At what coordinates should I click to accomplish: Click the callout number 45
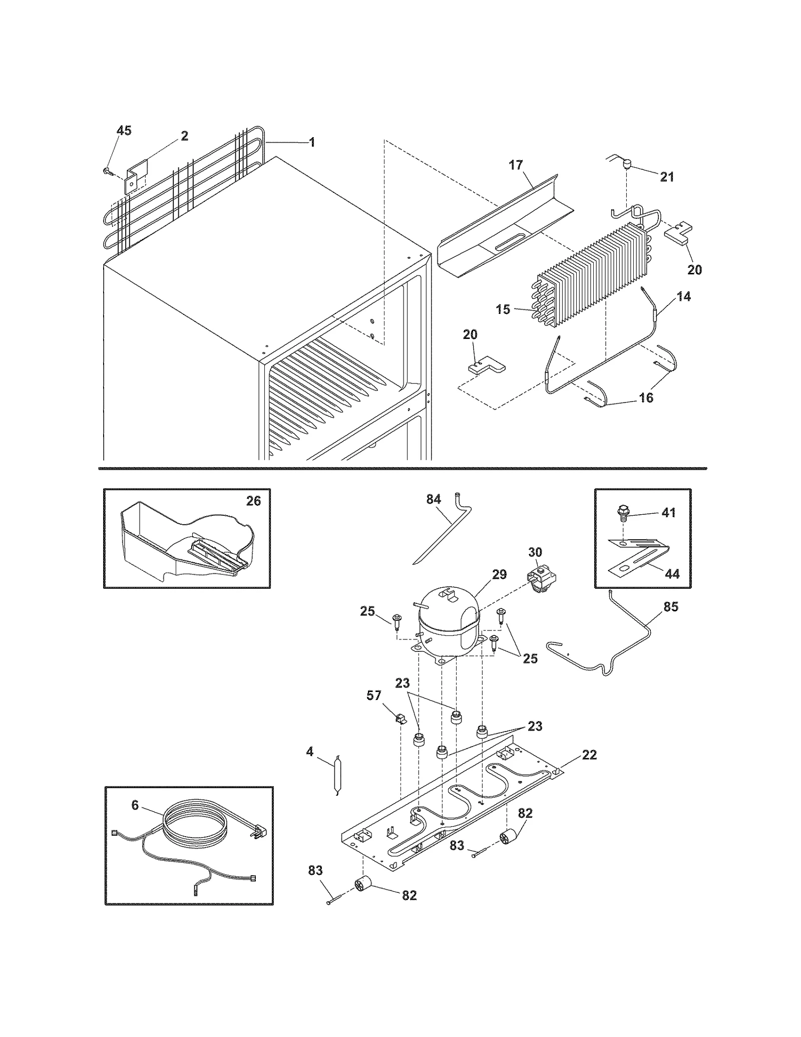pos(124,131)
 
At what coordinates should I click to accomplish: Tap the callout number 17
pos(516,165)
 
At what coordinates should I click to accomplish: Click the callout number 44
pos(672,574)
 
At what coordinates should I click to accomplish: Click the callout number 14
pos(683,296)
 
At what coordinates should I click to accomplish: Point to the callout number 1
pos(312,142)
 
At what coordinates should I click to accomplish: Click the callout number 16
pos(646,398)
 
